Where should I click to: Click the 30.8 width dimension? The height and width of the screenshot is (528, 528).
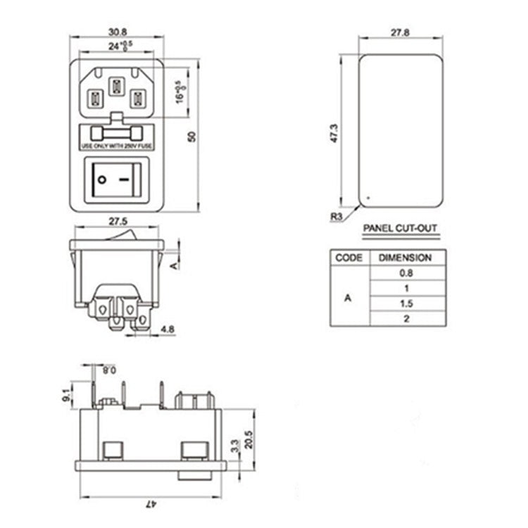117,32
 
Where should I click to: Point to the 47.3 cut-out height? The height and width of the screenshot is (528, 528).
336,134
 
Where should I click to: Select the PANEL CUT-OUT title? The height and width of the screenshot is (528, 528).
400,229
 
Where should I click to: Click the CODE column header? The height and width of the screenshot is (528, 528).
348,258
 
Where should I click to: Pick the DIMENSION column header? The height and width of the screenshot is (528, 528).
406,258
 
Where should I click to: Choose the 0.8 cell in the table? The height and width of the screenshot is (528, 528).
406,272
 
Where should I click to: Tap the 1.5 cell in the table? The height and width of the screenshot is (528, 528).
406,303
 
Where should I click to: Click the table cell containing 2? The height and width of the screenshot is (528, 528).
406,319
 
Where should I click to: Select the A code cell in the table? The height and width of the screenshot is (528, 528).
348,296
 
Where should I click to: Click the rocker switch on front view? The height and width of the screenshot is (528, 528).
117,180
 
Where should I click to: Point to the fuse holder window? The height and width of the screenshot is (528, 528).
117,133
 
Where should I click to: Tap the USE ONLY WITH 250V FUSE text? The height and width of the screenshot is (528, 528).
117,146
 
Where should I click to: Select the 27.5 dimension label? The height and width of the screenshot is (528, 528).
118,221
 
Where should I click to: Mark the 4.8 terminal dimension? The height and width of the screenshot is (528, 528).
168,328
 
